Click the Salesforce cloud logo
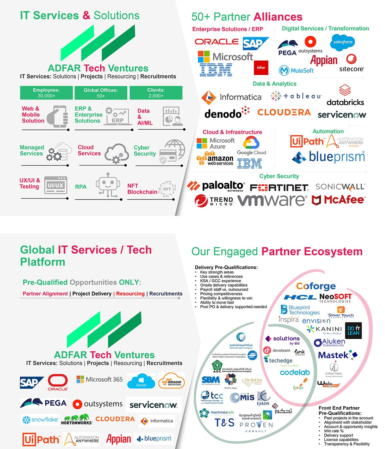(343, 42)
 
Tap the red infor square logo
(261, 68)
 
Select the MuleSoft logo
(296, 70)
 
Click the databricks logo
(345, 96)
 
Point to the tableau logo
(296, 96)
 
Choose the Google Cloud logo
(252, 146)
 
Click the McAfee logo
(338, 200)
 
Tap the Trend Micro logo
(214, 201)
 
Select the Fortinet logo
(279, 187)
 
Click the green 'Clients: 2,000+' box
(156, 93)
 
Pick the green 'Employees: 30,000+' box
(46, 93)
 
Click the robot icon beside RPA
(107, 185)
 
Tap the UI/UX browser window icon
(56, 185)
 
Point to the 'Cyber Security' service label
(145, 150)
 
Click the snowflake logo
(40, 419)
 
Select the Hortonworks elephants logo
(77, 419)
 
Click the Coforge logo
(316, 286)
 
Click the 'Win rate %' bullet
(334, 431)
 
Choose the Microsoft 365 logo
(99, 379)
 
